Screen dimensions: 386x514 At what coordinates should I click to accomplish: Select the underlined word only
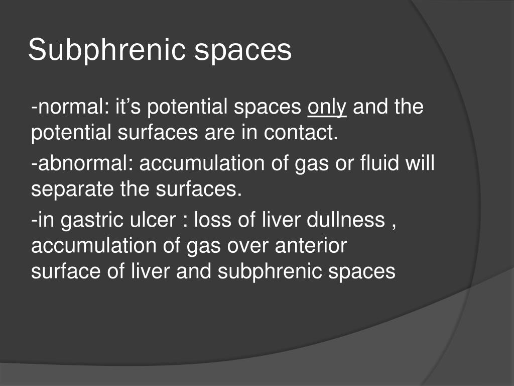[327, 108]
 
